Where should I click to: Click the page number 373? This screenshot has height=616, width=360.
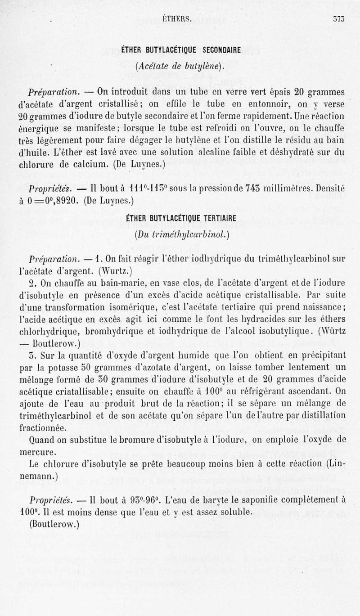338,19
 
